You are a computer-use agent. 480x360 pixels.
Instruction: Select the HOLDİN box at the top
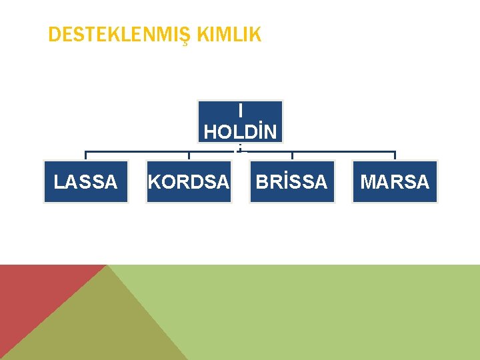click(x=240, y=121)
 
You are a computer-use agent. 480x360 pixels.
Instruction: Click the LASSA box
click(x=85, y=181)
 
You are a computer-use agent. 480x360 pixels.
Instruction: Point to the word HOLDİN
click(x=240, y=132)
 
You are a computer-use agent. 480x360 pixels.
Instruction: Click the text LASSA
click(x=85, y=181)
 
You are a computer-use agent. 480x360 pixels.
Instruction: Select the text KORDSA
click(x=189, y=181)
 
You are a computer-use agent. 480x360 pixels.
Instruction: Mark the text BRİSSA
click(x=292, y=181)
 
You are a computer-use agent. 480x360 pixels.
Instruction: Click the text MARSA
click(x=395, y=181)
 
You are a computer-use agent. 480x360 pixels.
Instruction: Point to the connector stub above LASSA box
click(x=85, y=156)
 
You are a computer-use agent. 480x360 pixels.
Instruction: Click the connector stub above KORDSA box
click(x=189, y=156)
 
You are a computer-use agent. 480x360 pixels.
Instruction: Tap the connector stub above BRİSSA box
click(x=292, y=156)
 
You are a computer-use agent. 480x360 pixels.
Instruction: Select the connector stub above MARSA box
click(x=395, y=156)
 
